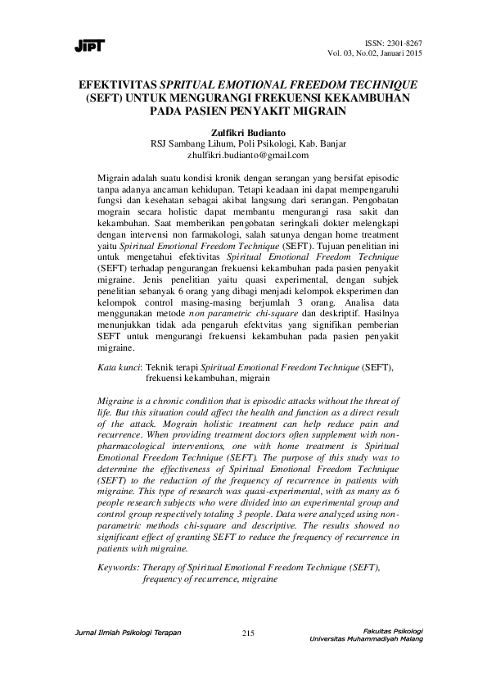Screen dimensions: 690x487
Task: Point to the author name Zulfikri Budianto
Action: (x=243, y=130)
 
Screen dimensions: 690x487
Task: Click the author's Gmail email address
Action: (x=243, y=153)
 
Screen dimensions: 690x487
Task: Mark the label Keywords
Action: (x=118, y=566)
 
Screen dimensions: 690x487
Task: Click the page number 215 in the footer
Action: (x=250, y=633)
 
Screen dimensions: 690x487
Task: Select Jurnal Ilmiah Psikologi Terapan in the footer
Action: (x=127, y=631)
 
